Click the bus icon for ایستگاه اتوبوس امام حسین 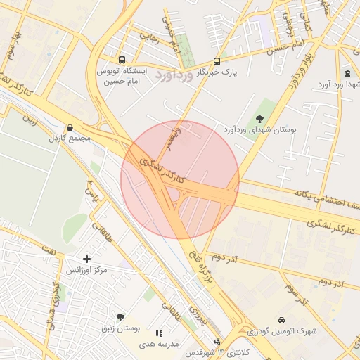(x=123, y=60)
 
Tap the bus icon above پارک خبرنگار (x=216, y=60)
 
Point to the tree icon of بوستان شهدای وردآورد (x=260, y=118)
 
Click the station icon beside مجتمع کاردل (x=69, y=128)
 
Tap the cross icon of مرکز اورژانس (x=86, y=259)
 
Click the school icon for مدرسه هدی (x=159, y=333)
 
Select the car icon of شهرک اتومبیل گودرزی (x=282, y=320)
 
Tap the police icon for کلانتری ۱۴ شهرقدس (x=217, y=341)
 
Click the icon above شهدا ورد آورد (x=347, y=74)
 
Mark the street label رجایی (x=149, y=35)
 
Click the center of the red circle (x=180, y=179)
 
